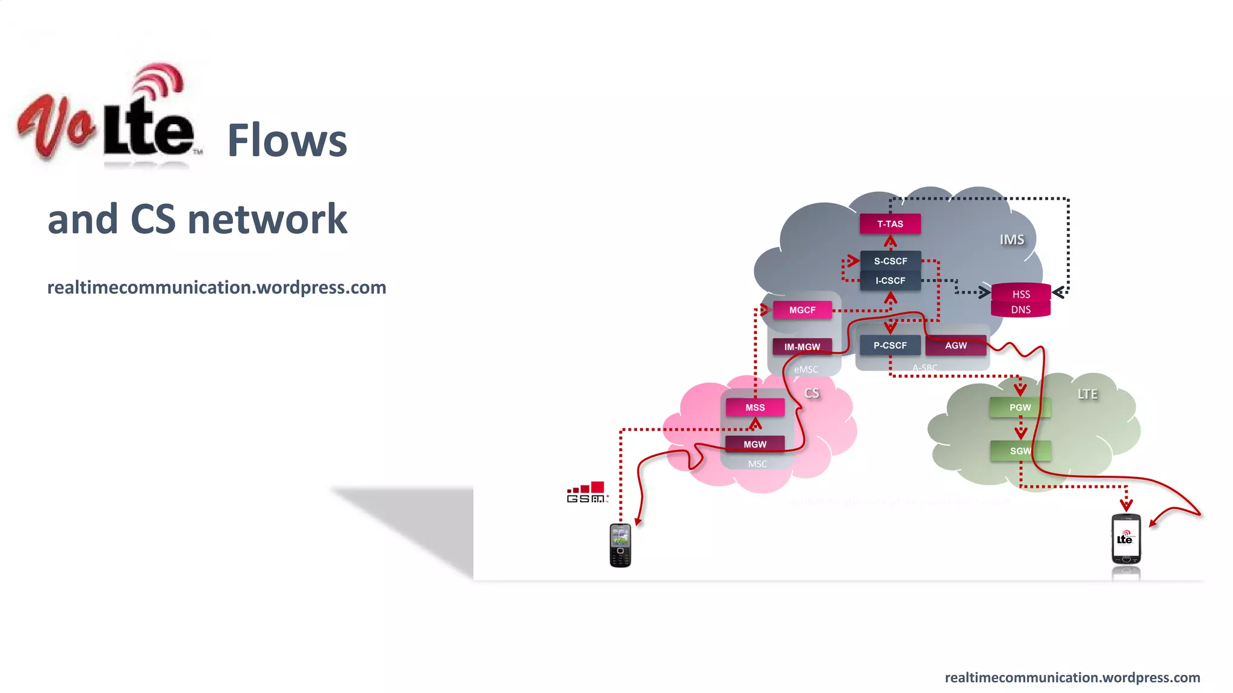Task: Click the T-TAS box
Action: [890, 224]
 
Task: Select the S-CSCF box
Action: [890, 261]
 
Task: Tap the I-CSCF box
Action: [890, 280]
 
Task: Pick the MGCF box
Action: [802, 310]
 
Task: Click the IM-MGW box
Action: [802, 346]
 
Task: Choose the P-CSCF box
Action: [890, 345]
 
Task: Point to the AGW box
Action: [955, 345]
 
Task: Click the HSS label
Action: [1020, 294]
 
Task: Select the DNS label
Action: [1020, 310]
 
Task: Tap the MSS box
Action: [755, 407]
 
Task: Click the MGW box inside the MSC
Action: [755, 444]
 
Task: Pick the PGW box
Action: [1020, 407]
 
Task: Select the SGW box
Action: [1020, 451]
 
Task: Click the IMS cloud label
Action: [1011, 239]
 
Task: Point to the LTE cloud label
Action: [1087, 394]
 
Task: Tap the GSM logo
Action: [587, 492]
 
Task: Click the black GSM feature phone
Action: [620, 545]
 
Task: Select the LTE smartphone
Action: [1126, 539]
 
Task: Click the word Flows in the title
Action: [287, 141]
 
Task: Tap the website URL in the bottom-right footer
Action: [1072, 677]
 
